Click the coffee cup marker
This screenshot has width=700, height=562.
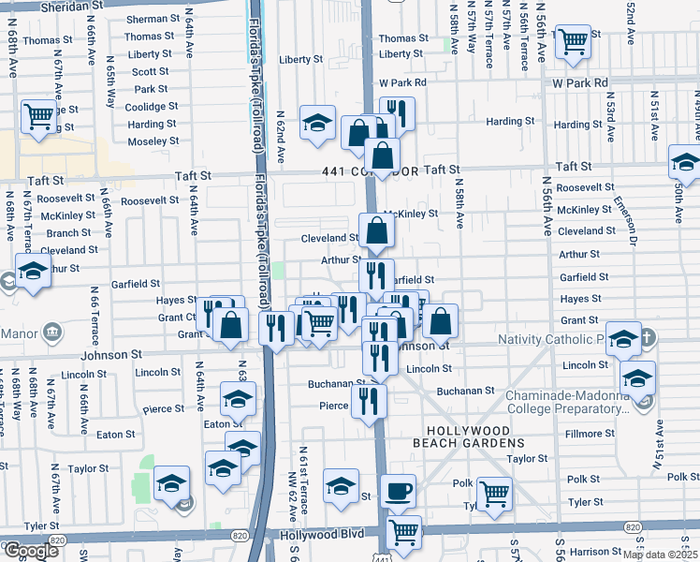click(400, 490)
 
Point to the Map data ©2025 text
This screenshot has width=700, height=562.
click(661, 555)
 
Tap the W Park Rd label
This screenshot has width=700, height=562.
click(580, 83)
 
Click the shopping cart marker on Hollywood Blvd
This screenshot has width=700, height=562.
click(403, 530)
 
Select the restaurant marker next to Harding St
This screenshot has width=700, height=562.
click(397, 112)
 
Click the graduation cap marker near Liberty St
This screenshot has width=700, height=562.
click(318, 122)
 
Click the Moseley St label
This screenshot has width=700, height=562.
click(153, 141)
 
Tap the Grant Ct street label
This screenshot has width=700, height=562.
click(176, 318)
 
